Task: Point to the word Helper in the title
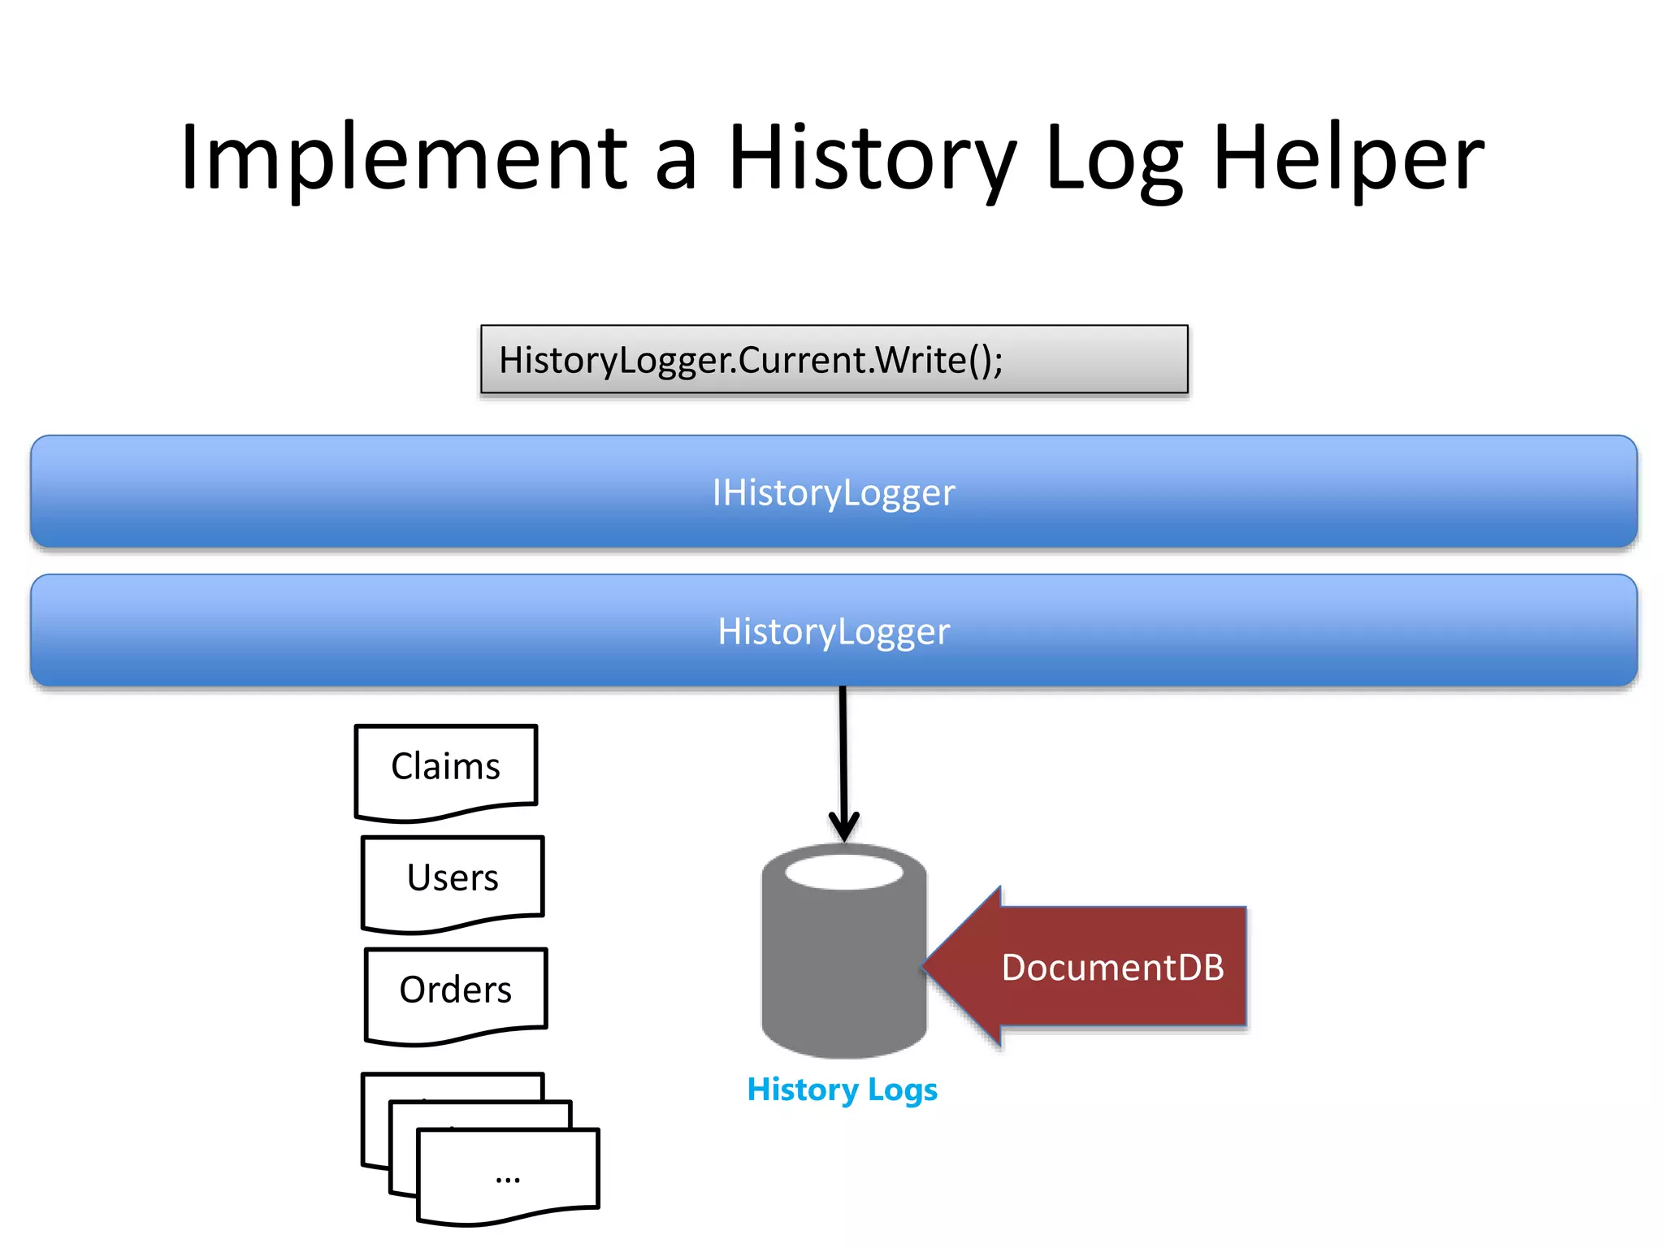pyautogui.click(x=1349, y=158)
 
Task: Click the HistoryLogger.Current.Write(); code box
pyautogui.click(x=834, y=360)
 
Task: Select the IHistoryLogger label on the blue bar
pyautogui.click(x=834, y=492)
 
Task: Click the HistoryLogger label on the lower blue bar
pyautogui.click(x=834, y=631)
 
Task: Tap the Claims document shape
pyautogui.click(x=445, y=767)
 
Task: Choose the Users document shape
pyautogui.click(x=453, y=878)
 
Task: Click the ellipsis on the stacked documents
pyautogui.click(x=508, y=1177)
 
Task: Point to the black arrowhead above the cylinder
pyautogui.click(x=844, y=827)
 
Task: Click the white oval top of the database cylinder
pyautogui.click(x=844, y=873)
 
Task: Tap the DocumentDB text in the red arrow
pyautogui.click(x=1112, y=968)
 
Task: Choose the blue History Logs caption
pyautogui.click(x=842, y=1090)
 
